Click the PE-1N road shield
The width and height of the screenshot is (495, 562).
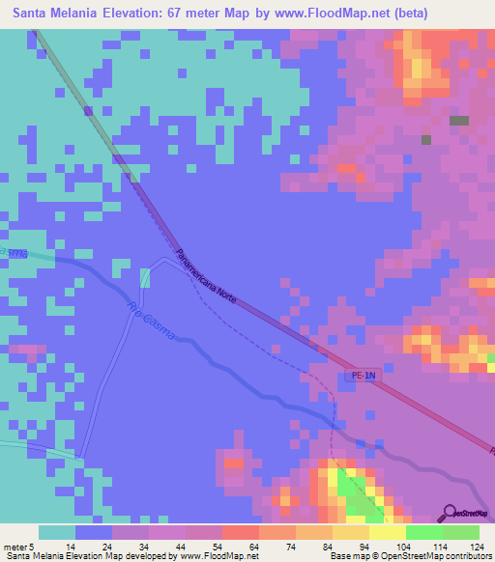tap(359, 377)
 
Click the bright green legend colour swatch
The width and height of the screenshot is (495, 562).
tap(424, 532)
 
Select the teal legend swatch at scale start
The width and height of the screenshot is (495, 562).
tap(57, 532)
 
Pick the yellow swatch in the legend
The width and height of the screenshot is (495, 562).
tap(388, 532)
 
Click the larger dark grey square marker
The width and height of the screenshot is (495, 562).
tap(459, 121)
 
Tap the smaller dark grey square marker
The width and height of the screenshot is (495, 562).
tap(426, 139)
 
